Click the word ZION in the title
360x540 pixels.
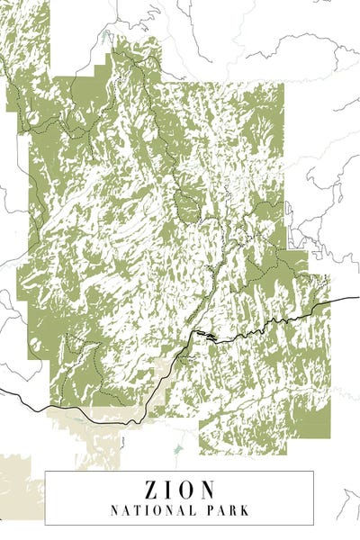[x=179, y=490]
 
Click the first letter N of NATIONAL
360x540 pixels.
[x=114, y=510]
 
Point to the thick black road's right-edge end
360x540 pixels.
[x=357, y=296]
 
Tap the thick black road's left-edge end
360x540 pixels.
[x=3, y=390]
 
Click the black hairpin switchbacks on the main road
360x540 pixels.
[x=205, y=336]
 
